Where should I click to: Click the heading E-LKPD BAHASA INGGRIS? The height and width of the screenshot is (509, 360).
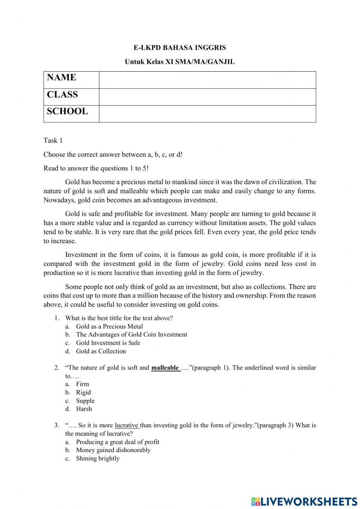[x=180, y=48]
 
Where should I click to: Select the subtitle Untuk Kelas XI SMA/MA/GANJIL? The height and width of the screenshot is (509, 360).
[x=180, y=62]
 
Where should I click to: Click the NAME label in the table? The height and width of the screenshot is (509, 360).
[x=62, y=77]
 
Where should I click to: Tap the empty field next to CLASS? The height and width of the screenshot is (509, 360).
[x=207, y=97]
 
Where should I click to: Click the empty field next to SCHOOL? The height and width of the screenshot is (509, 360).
[x=207, y=114]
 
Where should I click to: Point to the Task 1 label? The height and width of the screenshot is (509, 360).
[x=53, y=140]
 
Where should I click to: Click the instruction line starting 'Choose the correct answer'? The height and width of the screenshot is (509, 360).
[x=113, y=155]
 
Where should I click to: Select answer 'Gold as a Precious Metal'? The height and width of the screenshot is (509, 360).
[x=109, y=326]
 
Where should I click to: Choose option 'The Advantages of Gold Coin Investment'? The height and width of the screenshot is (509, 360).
[x=131, y=335]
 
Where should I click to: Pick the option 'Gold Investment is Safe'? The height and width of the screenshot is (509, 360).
[x=108, y=343]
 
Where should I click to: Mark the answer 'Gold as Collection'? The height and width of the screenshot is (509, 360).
[x=101, y=351]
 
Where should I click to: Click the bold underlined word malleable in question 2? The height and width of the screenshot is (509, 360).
[x=165, y=368]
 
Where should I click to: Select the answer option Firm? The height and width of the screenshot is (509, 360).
[x=82, y=384]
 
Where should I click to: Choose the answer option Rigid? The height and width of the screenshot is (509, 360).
[x=83, y=392]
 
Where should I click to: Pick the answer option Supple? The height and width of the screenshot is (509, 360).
[x=85, y=401]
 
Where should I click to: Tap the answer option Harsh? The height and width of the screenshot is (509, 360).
[x=84, y=409]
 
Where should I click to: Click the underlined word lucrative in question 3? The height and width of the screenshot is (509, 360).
[x=126, y=425]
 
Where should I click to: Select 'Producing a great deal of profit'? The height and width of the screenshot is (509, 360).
[x=117, y=442]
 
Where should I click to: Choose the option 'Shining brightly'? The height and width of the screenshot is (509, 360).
[x=98, y=459]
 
